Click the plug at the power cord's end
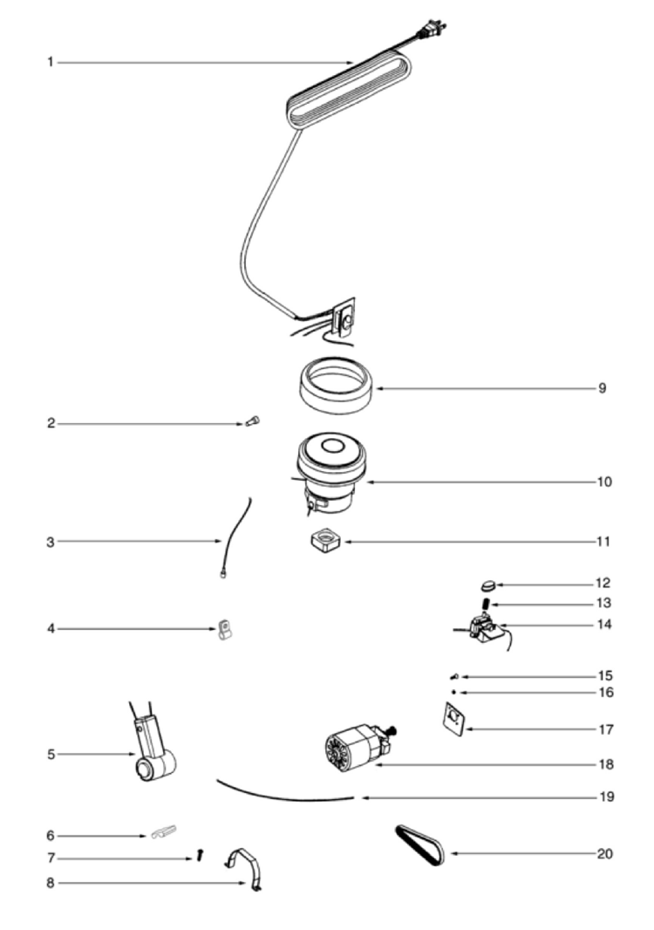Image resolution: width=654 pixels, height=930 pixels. click(x=433, y=30)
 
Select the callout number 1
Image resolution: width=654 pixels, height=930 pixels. click(x=51, y=62)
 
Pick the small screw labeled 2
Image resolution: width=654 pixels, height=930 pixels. click(x=253, y=421)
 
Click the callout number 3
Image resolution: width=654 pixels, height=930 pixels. click(x=51, y=542)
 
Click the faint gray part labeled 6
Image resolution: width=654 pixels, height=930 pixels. click(x=164, y=831)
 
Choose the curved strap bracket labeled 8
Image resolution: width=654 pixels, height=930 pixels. click(x=245, y=868)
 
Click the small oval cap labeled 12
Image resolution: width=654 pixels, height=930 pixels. click(x=488, y=586)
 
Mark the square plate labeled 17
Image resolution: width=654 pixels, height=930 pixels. click(x=455, y=720)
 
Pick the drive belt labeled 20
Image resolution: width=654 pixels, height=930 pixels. click(x=419, y=845)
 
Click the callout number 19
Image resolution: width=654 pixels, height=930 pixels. click(x=606, y=797)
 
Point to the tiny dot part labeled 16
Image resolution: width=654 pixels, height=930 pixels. click(x=453, y=692)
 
